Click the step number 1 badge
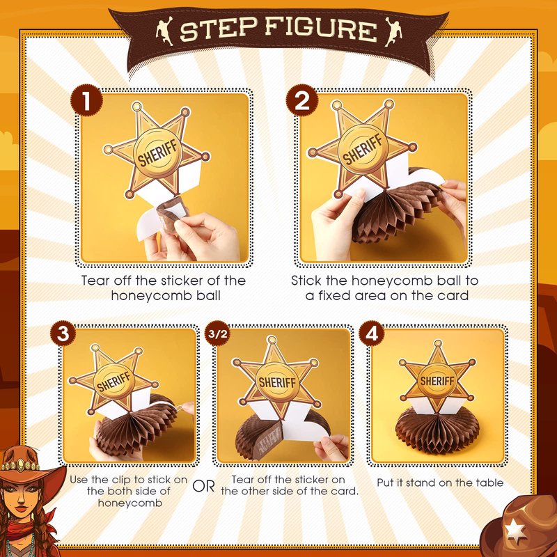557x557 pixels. click(x=86, y=100)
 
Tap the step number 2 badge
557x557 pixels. click(x=302, y=100)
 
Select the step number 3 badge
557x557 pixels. click(x=63, y=334)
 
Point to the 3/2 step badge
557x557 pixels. click(x=217, y=334)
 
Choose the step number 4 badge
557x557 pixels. click(x=372, y=334)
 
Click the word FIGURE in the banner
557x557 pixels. click(x=321, y=29)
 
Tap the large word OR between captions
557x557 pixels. click(x=203, y=486)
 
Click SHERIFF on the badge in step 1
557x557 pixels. click(x=157, y=153)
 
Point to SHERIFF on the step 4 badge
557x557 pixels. click(x=437, y=381)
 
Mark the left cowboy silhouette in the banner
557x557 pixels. click(x=164, y=32)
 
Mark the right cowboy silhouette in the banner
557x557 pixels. click(x=394, y=32)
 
